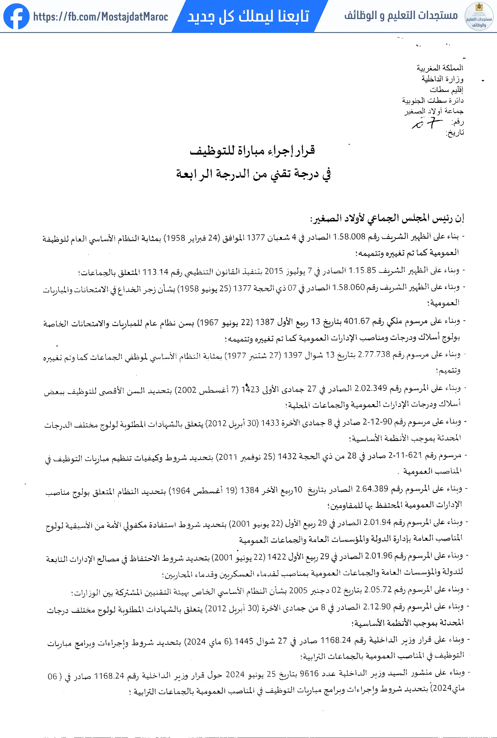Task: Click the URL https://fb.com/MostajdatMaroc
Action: click(x=100, y=17)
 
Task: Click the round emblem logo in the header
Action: click(x=479, y=16)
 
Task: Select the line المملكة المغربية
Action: click(x=440, y=68)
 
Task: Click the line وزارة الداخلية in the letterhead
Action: click(x=442, y=79)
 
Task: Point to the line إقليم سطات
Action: click(x=446, y=90)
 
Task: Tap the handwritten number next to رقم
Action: click(x=427, y=123)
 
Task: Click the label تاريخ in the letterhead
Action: click(x=455, y=132)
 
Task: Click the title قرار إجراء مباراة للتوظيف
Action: click(x=252, y=150)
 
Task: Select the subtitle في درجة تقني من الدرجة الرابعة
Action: click(x=253, y=174)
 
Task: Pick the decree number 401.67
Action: click(x=357, y=321)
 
